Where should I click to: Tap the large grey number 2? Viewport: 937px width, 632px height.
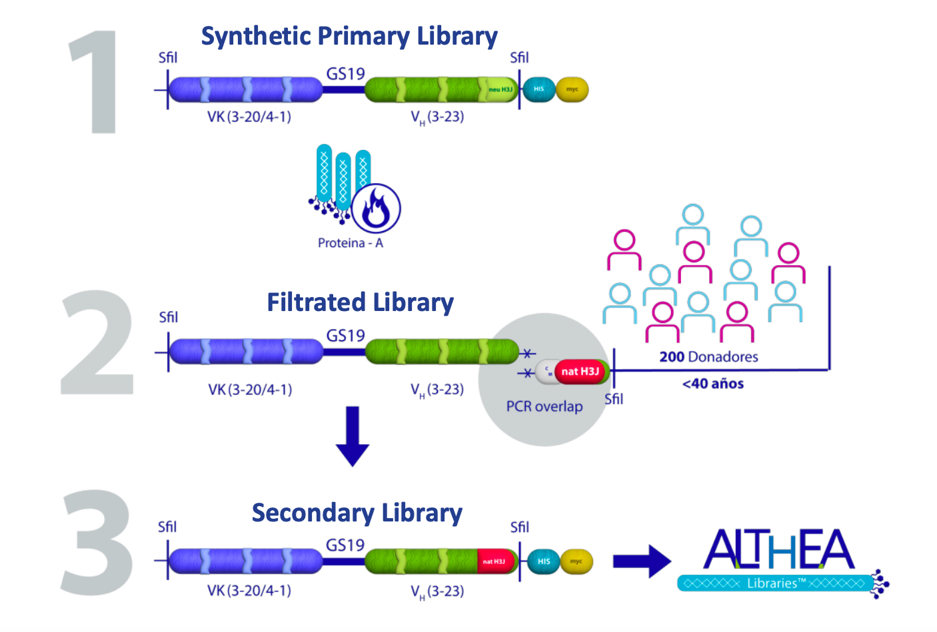point(97,343)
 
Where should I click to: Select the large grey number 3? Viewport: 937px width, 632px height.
point(97,543)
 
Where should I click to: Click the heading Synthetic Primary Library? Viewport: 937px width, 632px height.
point(349,36)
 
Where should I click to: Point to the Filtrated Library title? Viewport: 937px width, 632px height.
point(360,302)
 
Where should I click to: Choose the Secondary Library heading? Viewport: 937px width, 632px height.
point(357,513)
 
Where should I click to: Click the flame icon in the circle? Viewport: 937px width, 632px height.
point(376,208)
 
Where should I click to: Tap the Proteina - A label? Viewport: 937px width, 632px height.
point(350,243)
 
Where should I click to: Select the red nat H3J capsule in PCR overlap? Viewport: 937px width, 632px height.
point(580,372)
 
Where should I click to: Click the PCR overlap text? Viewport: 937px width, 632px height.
point(544,406)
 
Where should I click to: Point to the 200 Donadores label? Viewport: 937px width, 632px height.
point(708,357)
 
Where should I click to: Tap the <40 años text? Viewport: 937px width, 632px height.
point(712,384)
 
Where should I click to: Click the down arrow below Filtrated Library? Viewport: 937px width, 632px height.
point(352,436)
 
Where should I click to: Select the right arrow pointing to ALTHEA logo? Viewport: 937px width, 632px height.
point(641,561)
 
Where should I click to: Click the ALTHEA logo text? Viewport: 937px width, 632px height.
point(778,549)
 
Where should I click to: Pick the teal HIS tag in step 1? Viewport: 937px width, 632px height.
point(538,89)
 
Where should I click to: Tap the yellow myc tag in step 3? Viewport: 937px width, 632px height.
point(576,561)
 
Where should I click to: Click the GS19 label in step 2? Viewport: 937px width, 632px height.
point(345,336)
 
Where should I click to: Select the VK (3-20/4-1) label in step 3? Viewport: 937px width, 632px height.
point(249,591)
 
